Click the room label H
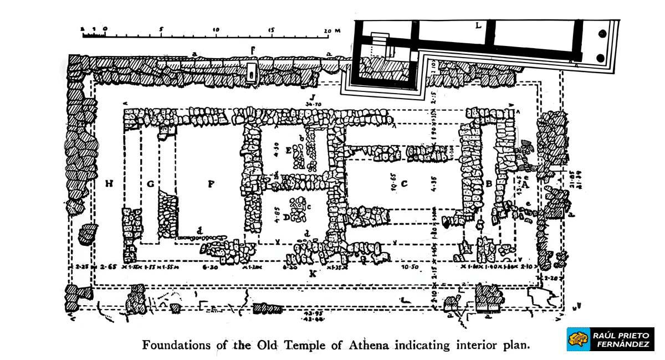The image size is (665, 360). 109,183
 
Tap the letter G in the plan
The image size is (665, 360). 150,183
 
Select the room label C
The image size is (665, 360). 404,183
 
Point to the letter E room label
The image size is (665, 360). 288,150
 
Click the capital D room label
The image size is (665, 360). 287,218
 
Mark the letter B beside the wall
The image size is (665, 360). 489,183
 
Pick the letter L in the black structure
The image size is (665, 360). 478,25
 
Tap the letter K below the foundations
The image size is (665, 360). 313,274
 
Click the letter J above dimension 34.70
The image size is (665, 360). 313,96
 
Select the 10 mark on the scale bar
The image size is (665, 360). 216,30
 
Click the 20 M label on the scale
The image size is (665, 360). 331,30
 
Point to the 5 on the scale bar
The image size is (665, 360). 161,30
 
